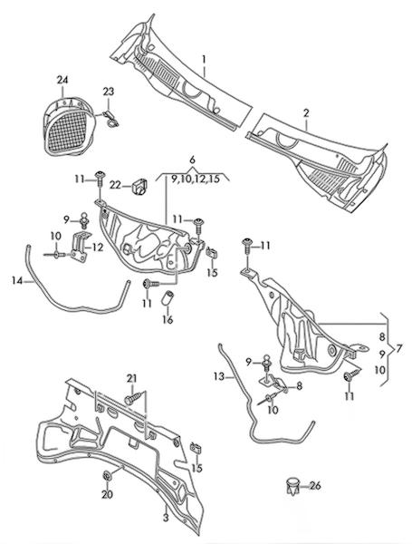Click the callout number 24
pos(62,80)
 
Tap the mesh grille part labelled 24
pos(69,126)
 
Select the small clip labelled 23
pos(110,118)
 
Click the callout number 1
pos(204,59)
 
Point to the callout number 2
pos(306,113)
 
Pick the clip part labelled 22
pos(139,186)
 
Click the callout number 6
pos(192,160)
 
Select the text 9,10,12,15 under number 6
pos(196,180)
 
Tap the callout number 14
pos(17,280)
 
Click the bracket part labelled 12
pos(81,247)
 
